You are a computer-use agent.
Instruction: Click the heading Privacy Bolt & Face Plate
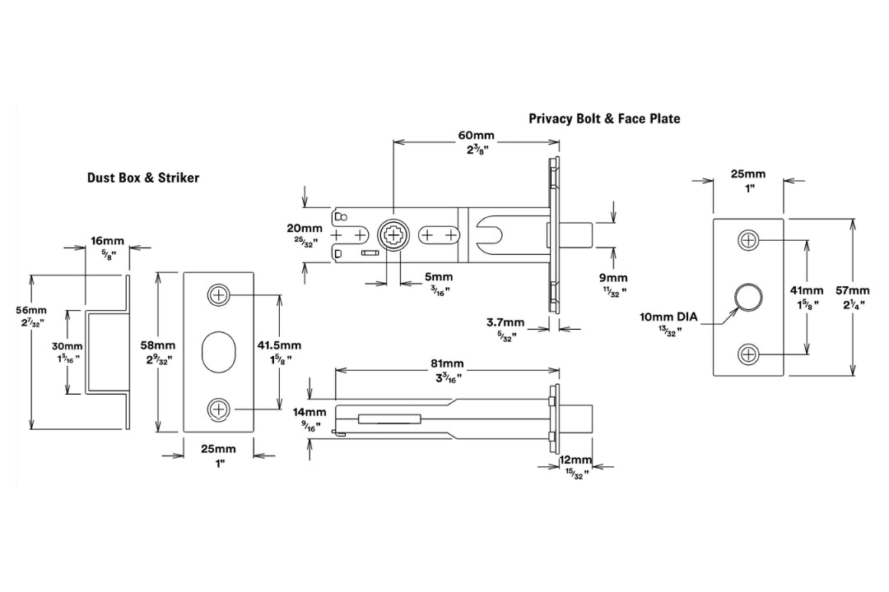(604, 118)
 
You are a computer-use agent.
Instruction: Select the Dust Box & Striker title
(143, 178)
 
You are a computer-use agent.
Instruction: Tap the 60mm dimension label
(477, 135)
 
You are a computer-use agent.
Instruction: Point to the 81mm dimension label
(447, 363)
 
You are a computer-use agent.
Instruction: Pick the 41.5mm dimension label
(300, 345)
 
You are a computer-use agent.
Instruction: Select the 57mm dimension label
(851, 290)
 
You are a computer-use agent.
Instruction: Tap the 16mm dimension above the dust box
(107, 241)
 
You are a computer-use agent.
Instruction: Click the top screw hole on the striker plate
(219, 295)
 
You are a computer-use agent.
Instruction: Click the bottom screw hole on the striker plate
(219, 408)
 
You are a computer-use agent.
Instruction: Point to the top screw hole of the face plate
(747, 240)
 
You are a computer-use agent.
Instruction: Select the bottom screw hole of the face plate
(747, 354)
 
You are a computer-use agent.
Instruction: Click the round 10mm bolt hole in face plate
(747, 297)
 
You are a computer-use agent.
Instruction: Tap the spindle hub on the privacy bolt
(393, 236)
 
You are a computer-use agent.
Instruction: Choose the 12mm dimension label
(576, 460)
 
